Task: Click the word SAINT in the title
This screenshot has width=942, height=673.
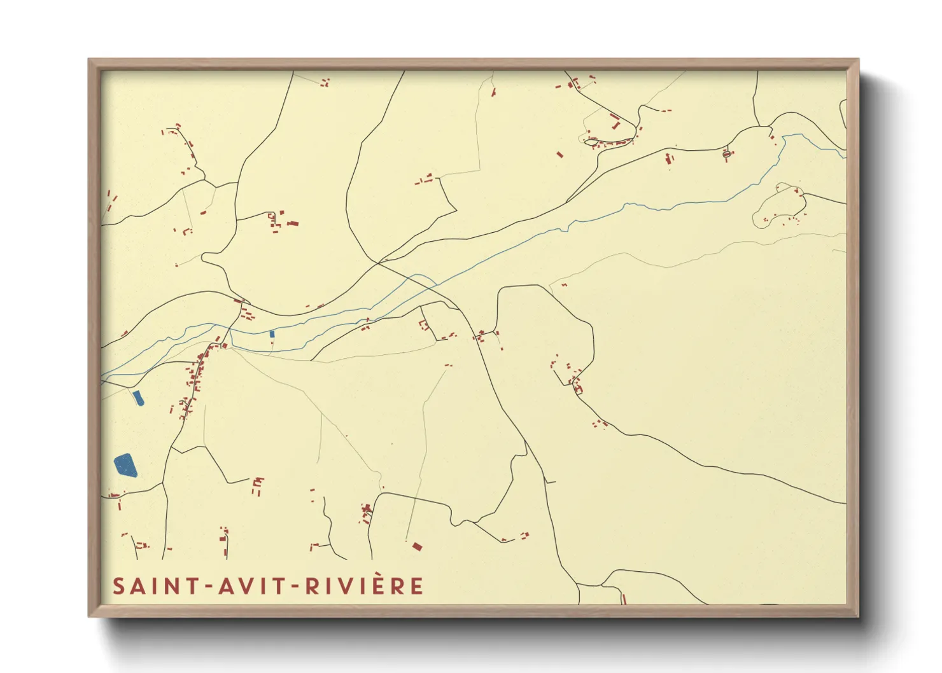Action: coord(152,586)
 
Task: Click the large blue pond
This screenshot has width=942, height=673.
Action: coord(125,466)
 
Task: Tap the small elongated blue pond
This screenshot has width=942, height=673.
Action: coord(138,398)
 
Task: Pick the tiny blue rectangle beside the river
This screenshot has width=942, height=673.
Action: coord(272,333)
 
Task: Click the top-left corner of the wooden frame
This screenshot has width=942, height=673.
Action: coord(89,60)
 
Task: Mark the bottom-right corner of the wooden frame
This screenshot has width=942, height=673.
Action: coord(858,616)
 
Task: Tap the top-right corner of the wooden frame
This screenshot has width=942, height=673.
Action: coord(858,60)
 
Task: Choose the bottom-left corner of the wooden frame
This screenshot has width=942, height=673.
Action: coord(89,616)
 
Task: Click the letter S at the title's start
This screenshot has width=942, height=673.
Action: coord(118,586)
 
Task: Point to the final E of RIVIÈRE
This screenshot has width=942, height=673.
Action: coord(417,586)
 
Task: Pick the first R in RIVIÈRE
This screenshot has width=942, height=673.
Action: coord(312,586)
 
